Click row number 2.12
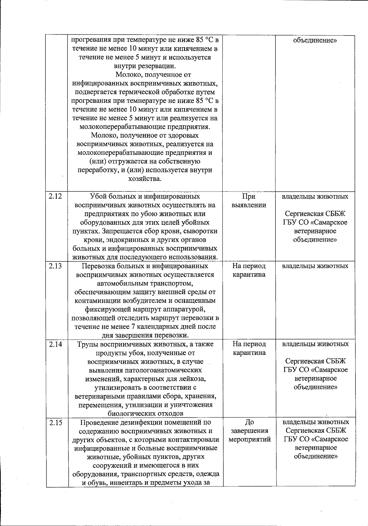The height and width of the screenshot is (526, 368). (55, 196)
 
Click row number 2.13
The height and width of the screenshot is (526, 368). (55, 266)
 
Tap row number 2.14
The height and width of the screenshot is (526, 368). (55, 344)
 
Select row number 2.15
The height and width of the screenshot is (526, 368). (55, 422)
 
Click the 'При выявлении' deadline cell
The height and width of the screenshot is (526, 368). (249, 200)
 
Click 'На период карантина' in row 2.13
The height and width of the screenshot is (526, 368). (249, 270)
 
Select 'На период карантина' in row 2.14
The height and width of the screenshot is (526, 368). (249, 349)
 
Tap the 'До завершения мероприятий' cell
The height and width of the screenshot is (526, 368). (249, 431)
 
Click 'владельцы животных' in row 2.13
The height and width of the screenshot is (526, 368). (315, 266)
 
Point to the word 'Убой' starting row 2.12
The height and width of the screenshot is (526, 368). (98, 196)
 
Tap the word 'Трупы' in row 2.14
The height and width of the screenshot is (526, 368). (87, 344)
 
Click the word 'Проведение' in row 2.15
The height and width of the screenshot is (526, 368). (98, 422)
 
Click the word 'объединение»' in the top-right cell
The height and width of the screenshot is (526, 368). (315, 40)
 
